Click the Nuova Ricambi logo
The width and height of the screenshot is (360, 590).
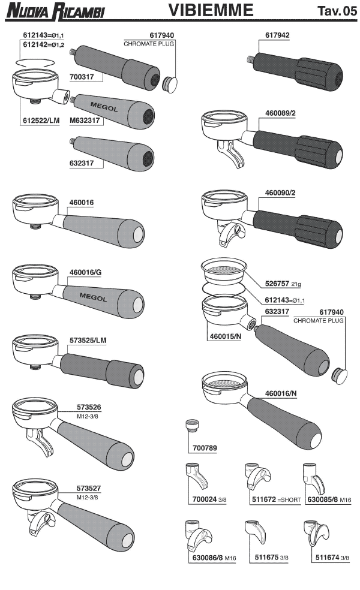(x=55, y=11)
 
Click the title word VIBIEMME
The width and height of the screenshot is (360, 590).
(x=211, y=10)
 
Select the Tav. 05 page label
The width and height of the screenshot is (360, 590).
(x=337, y=11)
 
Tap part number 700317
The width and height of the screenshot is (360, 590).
(x=82, y=77)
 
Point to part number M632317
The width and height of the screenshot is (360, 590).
(x=85, y=121)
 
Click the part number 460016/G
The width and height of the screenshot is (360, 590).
(x=85, y=272)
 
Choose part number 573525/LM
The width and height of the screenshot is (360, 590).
(x=88, y=341)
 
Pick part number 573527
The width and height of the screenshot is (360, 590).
(x=89, y=488)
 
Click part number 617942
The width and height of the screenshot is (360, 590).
(x=278, y=35)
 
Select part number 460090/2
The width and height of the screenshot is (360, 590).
(x=280, y=192)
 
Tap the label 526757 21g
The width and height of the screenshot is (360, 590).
(x=283, y=284)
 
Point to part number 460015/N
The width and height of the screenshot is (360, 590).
(x=225, y=336)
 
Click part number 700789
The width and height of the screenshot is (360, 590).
(x=205, y=448)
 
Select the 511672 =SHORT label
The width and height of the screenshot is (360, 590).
(x=277, y=499)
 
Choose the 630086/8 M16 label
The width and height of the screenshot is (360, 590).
(x=214, y=558)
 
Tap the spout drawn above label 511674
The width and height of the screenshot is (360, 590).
(x=317, y=534)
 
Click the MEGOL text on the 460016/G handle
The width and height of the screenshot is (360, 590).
(x=93, y=297)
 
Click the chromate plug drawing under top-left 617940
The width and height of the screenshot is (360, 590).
(x=170, y=83)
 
